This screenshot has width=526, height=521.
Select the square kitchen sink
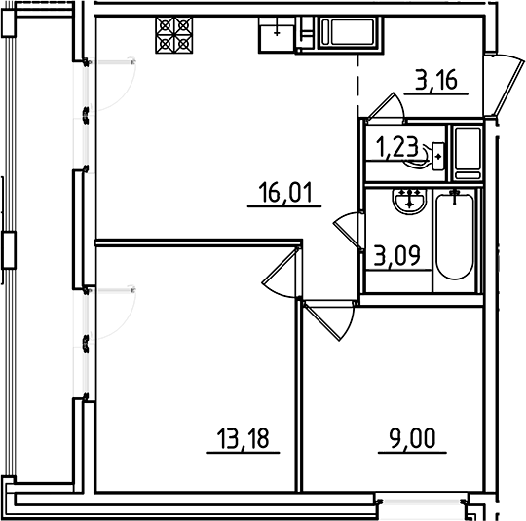[277, 34]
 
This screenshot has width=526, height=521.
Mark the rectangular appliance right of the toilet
[468, 151]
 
